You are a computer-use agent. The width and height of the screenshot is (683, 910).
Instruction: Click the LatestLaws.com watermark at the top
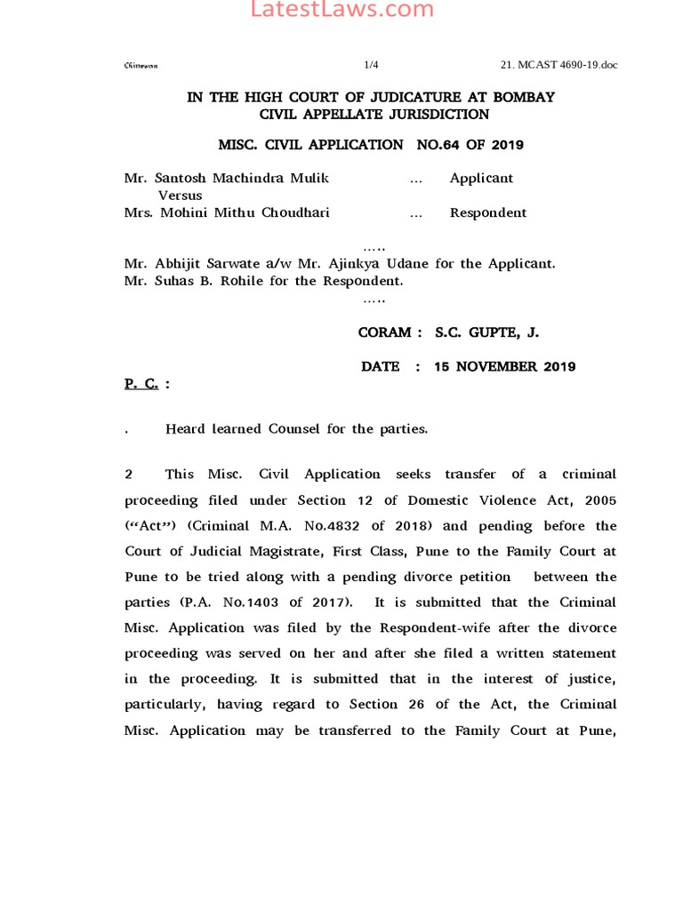pyautogui.click(x=341, y=11)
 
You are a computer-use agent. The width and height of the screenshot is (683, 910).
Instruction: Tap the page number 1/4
pyautogui.click(x=372, y=65)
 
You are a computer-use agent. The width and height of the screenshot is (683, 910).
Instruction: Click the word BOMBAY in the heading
pyautogui.click(x=519, y=97)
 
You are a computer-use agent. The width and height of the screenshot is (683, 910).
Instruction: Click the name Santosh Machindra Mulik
pyautogui.click(x=227, y=178)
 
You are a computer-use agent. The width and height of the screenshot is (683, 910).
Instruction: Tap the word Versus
pyautogui.click(x=180, y=195)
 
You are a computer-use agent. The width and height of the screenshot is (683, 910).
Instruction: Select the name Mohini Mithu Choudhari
pyautogui.click(x=233, y=212)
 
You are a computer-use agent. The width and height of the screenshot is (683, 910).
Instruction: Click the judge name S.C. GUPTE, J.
pyautogui.click(x=486, y=332)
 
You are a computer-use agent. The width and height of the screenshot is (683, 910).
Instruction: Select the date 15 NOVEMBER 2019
pyautogui.click(x=504, y=366)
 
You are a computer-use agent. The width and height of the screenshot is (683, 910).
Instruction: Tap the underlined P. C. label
pyautogui.click(x=141, y=383)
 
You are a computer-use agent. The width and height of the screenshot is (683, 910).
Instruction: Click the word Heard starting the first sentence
pyautogui.click(x=187, y=429)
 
